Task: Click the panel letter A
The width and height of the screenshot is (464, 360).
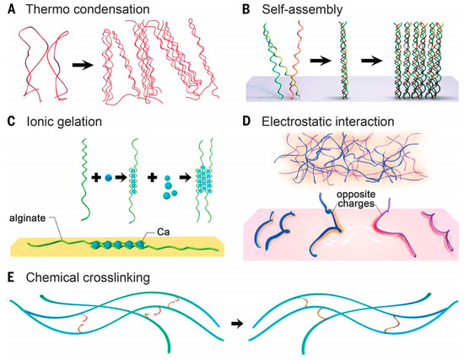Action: pos(11,9)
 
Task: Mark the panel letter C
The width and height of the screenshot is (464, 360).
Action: pos(11,121)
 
